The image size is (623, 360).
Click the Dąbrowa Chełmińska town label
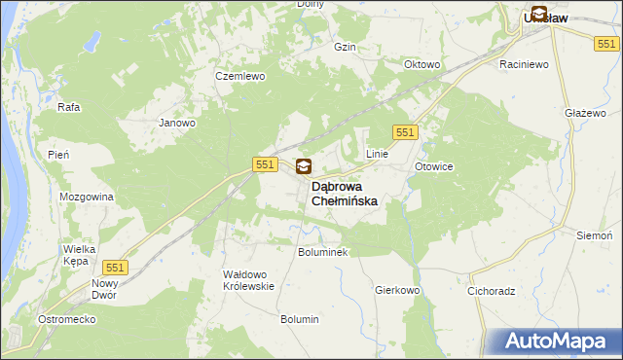[x=344, y=193]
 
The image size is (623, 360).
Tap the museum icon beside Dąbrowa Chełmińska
[x=304, y=167]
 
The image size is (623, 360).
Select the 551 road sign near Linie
[x=406, y=132]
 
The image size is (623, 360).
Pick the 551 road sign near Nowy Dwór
[x=115, y=268]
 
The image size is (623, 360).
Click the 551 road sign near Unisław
[x=606, y=44]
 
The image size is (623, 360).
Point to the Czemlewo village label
[x=236, y=76]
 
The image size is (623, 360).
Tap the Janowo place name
[x=178, y=124]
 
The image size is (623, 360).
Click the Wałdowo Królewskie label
[x=249, y=280]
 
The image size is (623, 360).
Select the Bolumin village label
[x=300, y=319]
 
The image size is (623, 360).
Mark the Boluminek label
[x=322, y=251]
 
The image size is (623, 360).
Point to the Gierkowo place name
[x=396, y=290]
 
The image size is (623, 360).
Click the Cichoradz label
[x=491, y=290]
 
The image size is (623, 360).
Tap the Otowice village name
[x=434, y=166]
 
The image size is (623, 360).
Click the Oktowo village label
[x=422, y=65]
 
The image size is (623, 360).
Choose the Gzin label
[x=344, y=47]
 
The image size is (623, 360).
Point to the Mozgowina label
[x=87, y=197]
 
